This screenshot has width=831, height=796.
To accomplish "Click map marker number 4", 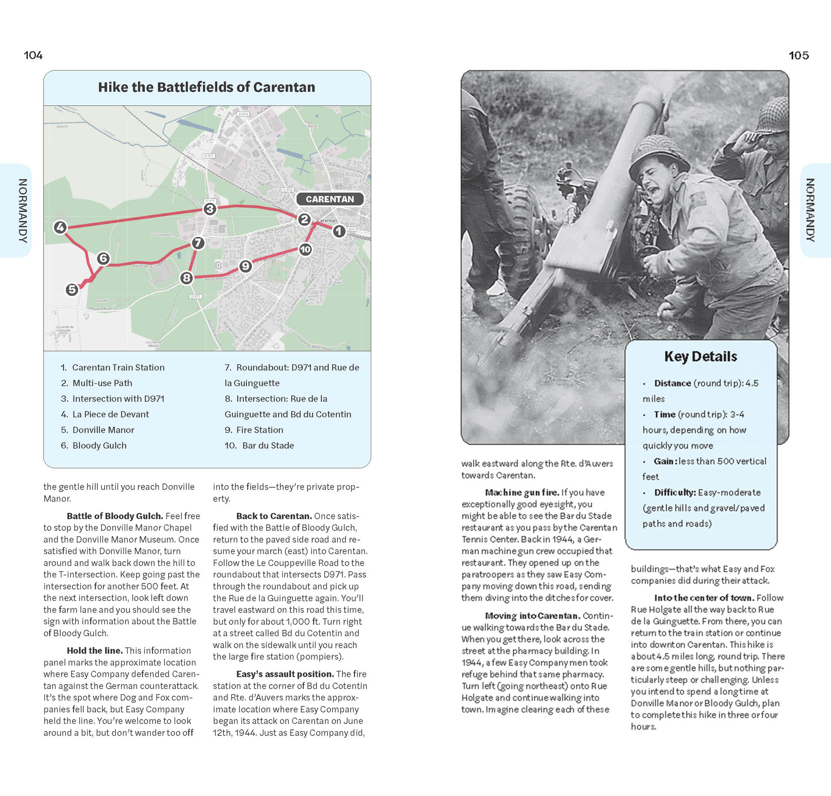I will tap(60, 227).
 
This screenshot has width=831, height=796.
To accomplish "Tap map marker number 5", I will tap(72, 290).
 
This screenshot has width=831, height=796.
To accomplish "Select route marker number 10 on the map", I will tap(305, 249).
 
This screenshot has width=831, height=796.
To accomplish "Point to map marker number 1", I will tap(339, 231).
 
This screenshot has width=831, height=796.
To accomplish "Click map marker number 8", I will tap(186, 278).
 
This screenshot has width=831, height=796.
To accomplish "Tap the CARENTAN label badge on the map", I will tap(330, 199).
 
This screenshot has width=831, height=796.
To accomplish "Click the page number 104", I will tap(33, 56).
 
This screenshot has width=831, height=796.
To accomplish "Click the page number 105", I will tap(799, 56).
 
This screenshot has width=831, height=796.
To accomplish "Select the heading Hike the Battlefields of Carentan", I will tap(207, 87).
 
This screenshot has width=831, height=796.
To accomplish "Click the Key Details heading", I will tap(701, 357).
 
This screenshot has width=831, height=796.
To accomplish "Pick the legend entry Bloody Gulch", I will tap(99, 445).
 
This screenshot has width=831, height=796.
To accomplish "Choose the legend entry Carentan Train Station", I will tap(118, 367).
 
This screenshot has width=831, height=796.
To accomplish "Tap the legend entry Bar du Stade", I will tap(268, 445).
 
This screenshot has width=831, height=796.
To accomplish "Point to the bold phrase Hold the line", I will tap(94, 650).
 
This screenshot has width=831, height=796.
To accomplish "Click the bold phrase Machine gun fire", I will tap(522, 492).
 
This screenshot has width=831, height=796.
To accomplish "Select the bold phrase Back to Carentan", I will tap(273, 516).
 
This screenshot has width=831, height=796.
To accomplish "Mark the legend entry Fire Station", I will tap(260, 430).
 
